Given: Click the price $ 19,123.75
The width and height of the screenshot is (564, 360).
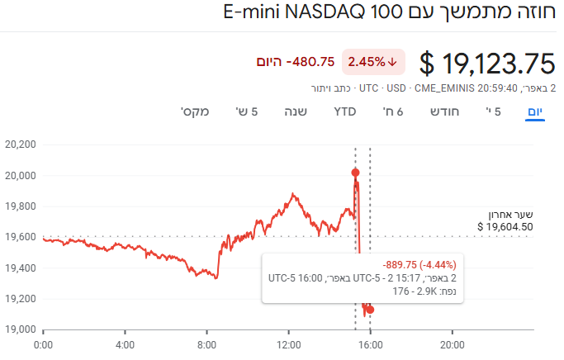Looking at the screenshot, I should click(x=487, y=63).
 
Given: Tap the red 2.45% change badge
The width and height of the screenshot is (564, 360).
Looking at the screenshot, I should click(x=372, y=61).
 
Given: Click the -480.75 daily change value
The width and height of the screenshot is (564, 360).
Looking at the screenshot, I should click(x=310, y=62).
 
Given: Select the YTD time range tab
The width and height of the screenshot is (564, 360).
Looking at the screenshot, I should click(x=344, y=111).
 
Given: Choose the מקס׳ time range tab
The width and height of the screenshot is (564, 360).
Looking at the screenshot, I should click(x=195, y=111).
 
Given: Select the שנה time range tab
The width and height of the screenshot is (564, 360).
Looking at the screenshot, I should click(x=296, y=111).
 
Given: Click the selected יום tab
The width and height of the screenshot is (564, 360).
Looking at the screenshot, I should click(x=536, y=111).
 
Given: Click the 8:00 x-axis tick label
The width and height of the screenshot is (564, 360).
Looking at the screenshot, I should click(x=206, y=344).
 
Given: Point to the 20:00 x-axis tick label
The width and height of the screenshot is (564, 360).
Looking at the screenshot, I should click(x=452, y=344).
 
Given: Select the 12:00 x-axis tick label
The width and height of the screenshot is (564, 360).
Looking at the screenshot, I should click(x=288, y=344).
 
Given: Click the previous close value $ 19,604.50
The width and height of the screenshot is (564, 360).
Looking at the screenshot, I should click(x=505, y=226).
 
